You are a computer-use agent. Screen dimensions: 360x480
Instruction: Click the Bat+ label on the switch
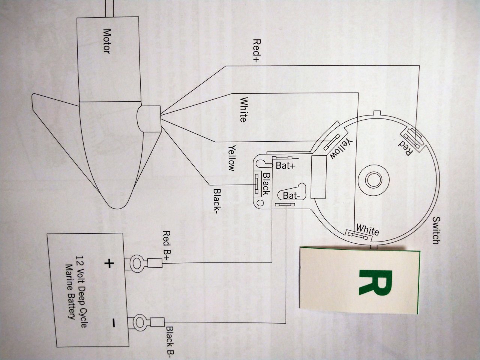click(286, 165)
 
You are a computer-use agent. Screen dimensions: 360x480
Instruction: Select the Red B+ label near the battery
click(166, 246)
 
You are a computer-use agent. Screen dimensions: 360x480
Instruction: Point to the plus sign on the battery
click(109, 264)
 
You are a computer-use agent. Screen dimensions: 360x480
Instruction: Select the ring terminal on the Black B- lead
click(141, 321)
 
